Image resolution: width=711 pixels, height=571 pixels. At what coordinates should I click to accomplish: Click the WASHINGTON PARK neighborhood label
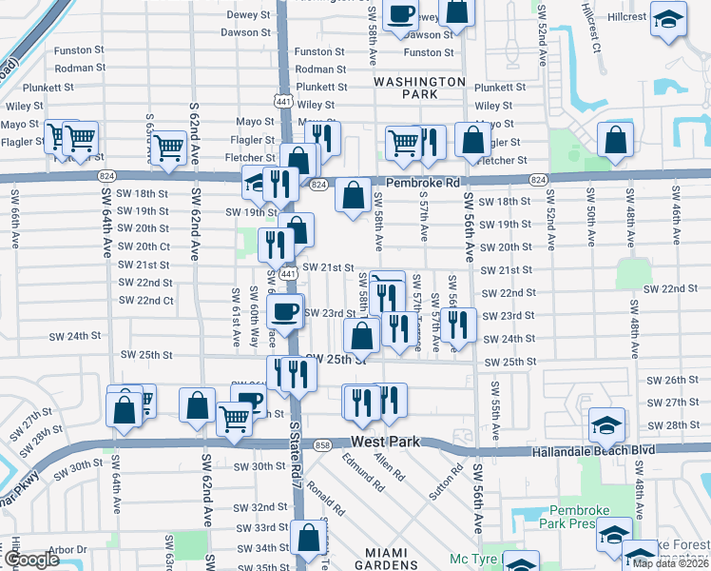(418, 89)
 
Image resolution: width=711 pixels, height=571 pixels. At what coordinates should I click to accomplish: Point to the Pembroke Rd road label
(423, 182)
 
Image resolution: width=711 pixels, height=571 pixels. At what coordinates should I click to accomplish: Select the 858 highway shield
(322, 445)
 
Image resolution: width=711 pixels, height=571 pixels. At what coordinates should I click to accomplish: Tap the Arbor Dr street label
(67, 549)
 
